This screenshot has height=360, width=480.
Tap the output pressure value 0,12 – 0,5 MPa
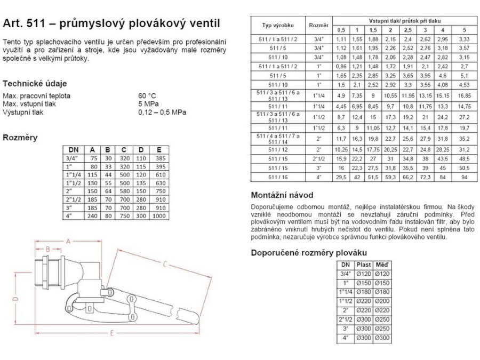click(x=162, y=113)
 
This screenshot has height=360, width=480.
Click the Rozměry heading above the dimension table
click(x=20, y=138)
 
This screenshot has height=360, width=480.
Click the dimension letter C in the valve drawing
click(x=166, y=263)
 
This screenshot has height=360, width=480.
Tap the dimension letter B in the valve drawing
click(x=47, y=249)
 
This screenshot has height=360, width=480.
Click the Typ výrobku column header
click(x=278, y=25)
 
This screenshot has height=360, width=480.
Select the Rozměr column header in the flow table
click(x=319, y=25)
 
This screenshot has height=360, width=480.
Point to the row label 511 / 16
click(x=278, y=177)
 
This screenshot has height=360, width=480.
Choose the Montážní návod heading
click(x=283, y=195)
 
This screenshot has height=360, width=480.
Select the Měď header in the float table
click(x=382, y=264)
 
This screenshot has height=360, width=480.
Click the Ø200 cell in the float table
click(x=382, y=301)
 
